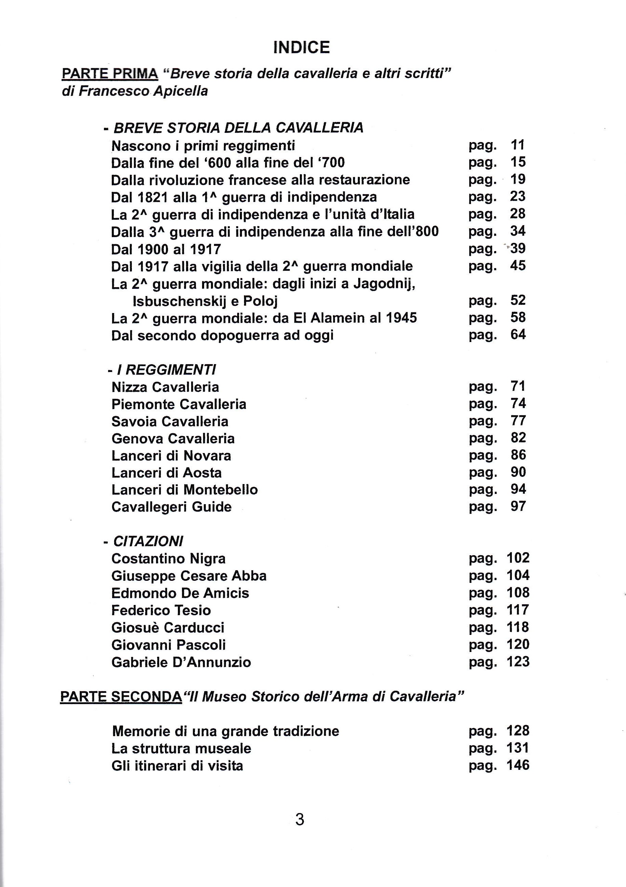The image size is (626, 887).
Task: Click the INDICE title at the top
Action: pos(301,48)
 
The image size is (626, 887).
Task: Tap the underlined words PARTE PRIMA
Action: pos(110,73)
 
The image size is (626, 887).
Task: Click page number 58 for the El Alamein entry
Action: pos(518,317)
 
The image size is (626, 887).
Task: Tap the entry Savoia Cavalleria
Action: pos(170,421)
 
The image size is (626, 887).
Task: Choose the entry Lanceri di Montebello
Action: pos(184,490)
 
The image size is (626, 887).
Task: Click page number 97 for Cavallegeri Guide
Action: pos(518,507)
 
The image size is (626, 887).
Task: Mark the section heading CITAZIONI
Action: pos(148,541)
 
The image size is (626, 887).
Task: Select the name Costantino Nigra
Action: pos(168,559)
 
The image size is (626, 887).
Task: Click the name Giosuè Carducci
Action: pos(168,628)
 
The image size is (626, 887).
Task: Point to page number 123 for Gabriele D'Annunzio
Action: pos(518,662)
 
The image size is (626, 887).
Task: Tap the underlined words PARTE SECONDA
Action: pos(121,697)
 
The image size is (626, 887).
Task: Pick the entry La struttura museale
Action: pos(181,749)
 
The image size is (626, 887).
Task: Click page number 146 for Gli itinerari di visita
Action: pos(518,765)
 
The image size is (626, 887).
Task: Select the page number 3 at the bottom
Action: pos(300,820)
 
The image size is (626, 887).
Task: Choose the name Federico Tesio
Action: pos(161,610)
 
